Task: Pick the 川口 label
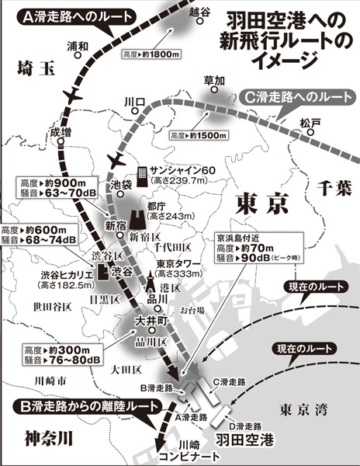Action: coord(136,101)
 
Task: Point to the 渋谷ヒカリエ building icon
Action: coord(102,273)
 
